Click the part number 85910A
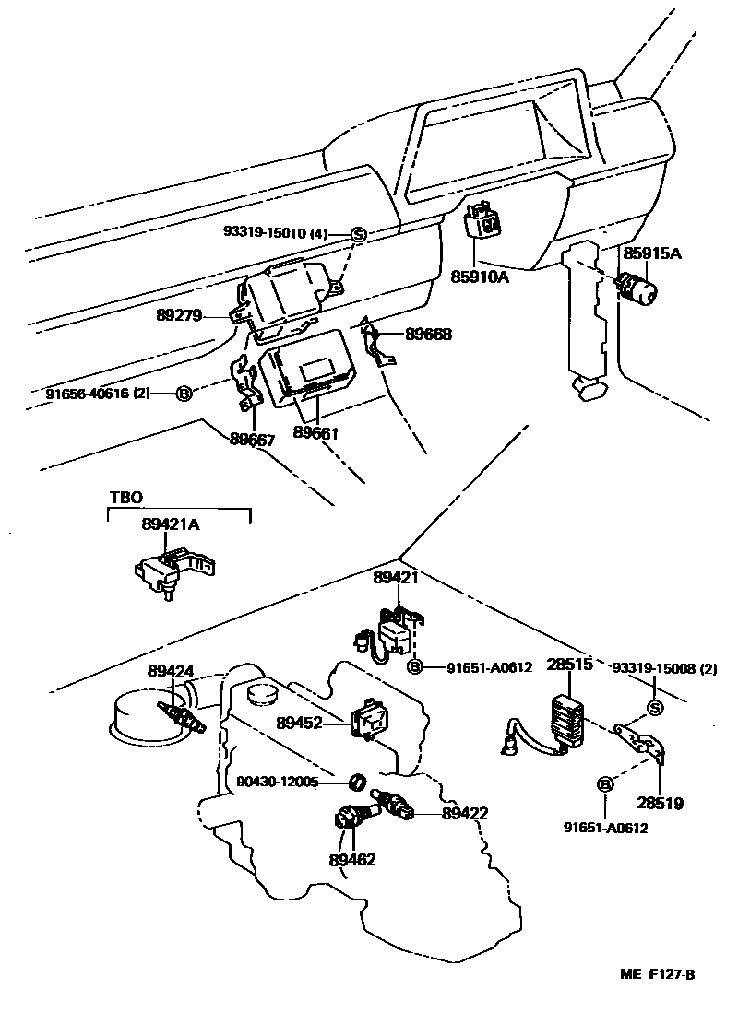[x=480, y=277]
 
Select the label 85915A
[x=652, y=253]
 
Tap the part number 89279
[x=179, y=315]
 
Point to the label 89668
[x=428, y=335]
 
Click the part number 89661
[x=316, y=432]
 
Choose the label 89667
[x=253, y=441]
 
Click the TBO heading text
[x=126, y=498]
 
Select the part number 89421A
[x=171, y=524]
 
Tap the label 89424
[x=171, y=671]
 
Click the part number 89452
[x=299, y=723]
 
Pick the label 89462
[x=352, y=860]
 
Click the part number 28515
[x=570, y=665]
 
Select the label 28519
[x=660, y=804]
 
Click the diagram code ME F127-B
[x=657, y=974]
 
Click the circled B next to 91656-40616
[x=184, y=393]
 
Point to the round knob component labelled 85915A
[x=637, y=288]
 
